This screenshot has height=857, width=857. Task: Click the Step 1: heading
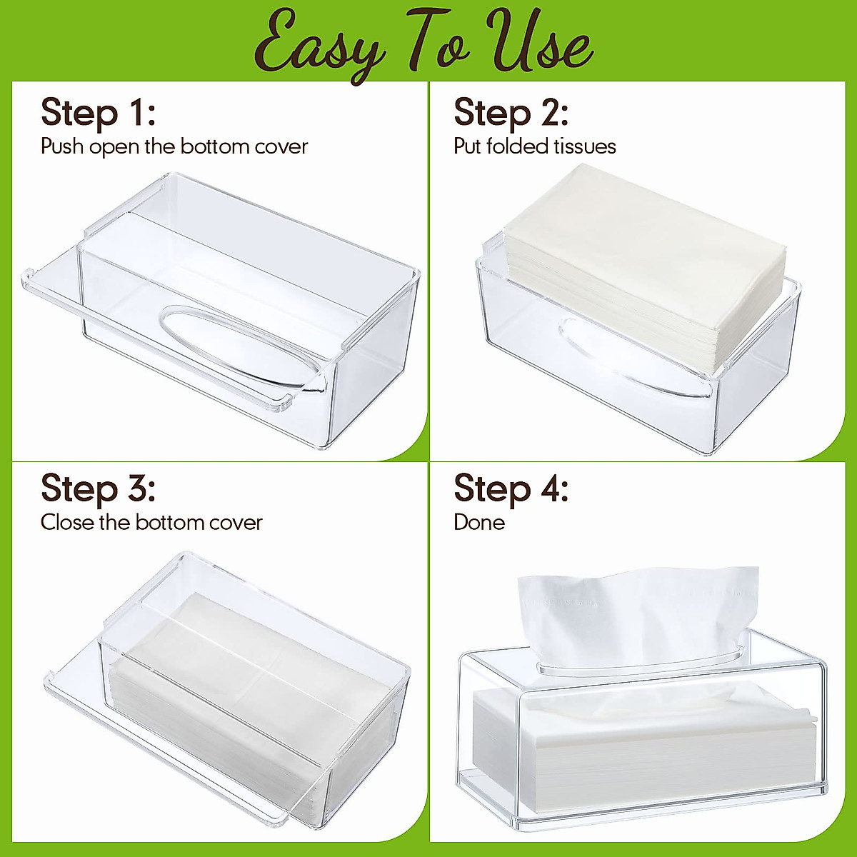[x=98, y=113]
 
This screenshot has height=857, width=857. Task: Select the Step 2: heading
[x=511, y=113]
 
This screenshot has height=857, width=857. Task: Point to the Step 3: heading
[x=98, y=489]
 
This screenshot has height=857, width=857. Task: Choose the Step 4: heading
[x=511, y=489]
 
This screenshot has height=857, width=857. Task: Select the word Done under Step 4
[x=479, y=522]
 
